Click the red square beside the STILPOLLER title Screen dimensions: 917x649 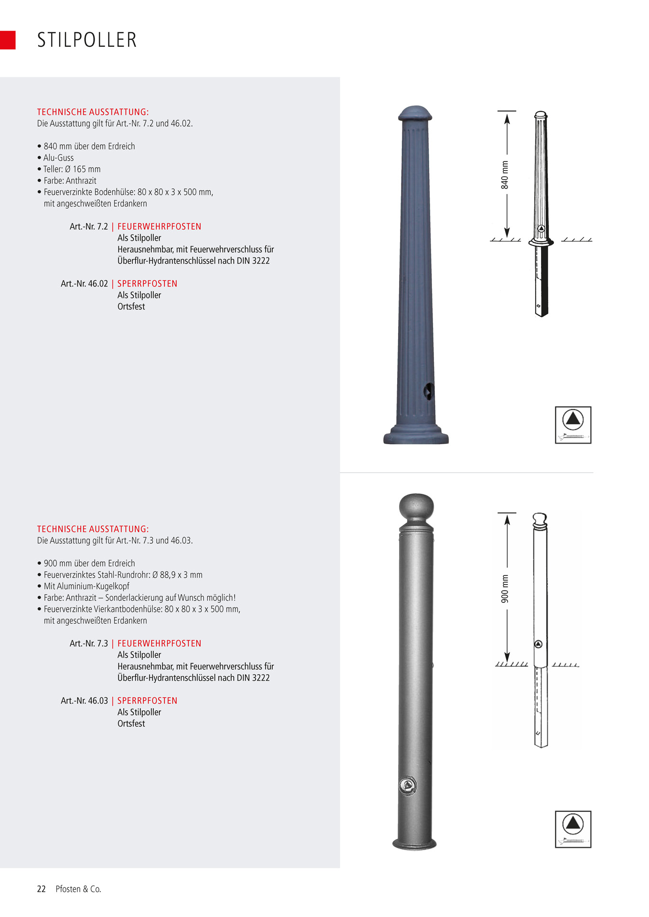pyautogui.click(x=8, y=40)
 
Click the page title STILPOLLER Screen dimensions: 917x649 pyautogui.click(x=87, y=40)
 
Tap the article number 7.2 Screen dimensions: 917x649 pyautogui.click(x=89, y=226)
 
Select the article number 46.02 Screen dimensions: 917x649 pyautogui.click(x=84, y=284)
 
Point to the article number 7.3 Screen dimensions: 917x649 pyautogui.click(x=89, y=643)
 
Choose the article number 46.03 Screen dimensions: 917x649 pyautogui.click(x=84, y=701)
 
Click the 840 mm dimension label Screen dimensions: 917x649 pyautogui.click(x=505, y=175)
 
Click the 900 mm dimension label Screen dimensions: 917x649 pyautogui.click(x=505, y=588)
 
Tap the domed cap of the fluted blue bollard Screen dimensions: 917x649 pyautogui.click(x=415, y=113)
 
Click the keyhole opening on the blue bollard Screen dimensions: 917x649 pyautogui.click(x=429, y=392)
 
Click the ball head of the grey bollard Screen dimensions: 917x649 pyautogui.click(x=416, y=507)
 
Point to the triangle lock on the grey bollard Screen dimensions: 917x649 pyautogui.click(x=407, y=785)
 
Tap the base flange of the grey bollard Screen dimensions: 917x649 pyautogui.click(x=414, y=844)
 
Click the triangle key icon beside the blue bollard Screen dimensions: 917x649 pyautogui.click(x=573, y=425)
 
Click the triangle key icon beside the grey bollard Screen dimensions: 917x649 pyautogui.click(x=573, y=829)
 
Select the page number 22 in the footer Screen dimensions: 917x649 pyautogui.click(x=42, y=889)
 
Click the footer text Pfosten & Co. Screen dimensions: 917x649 pyautogui.click(x=78, y=889)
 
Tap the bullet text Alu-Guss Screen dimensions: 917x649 pyautogui.click(x=58, y=158)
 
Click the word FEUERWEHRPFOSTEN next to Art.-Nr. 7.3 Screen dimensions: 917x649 pyautogui.click(x=159, y=643)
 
